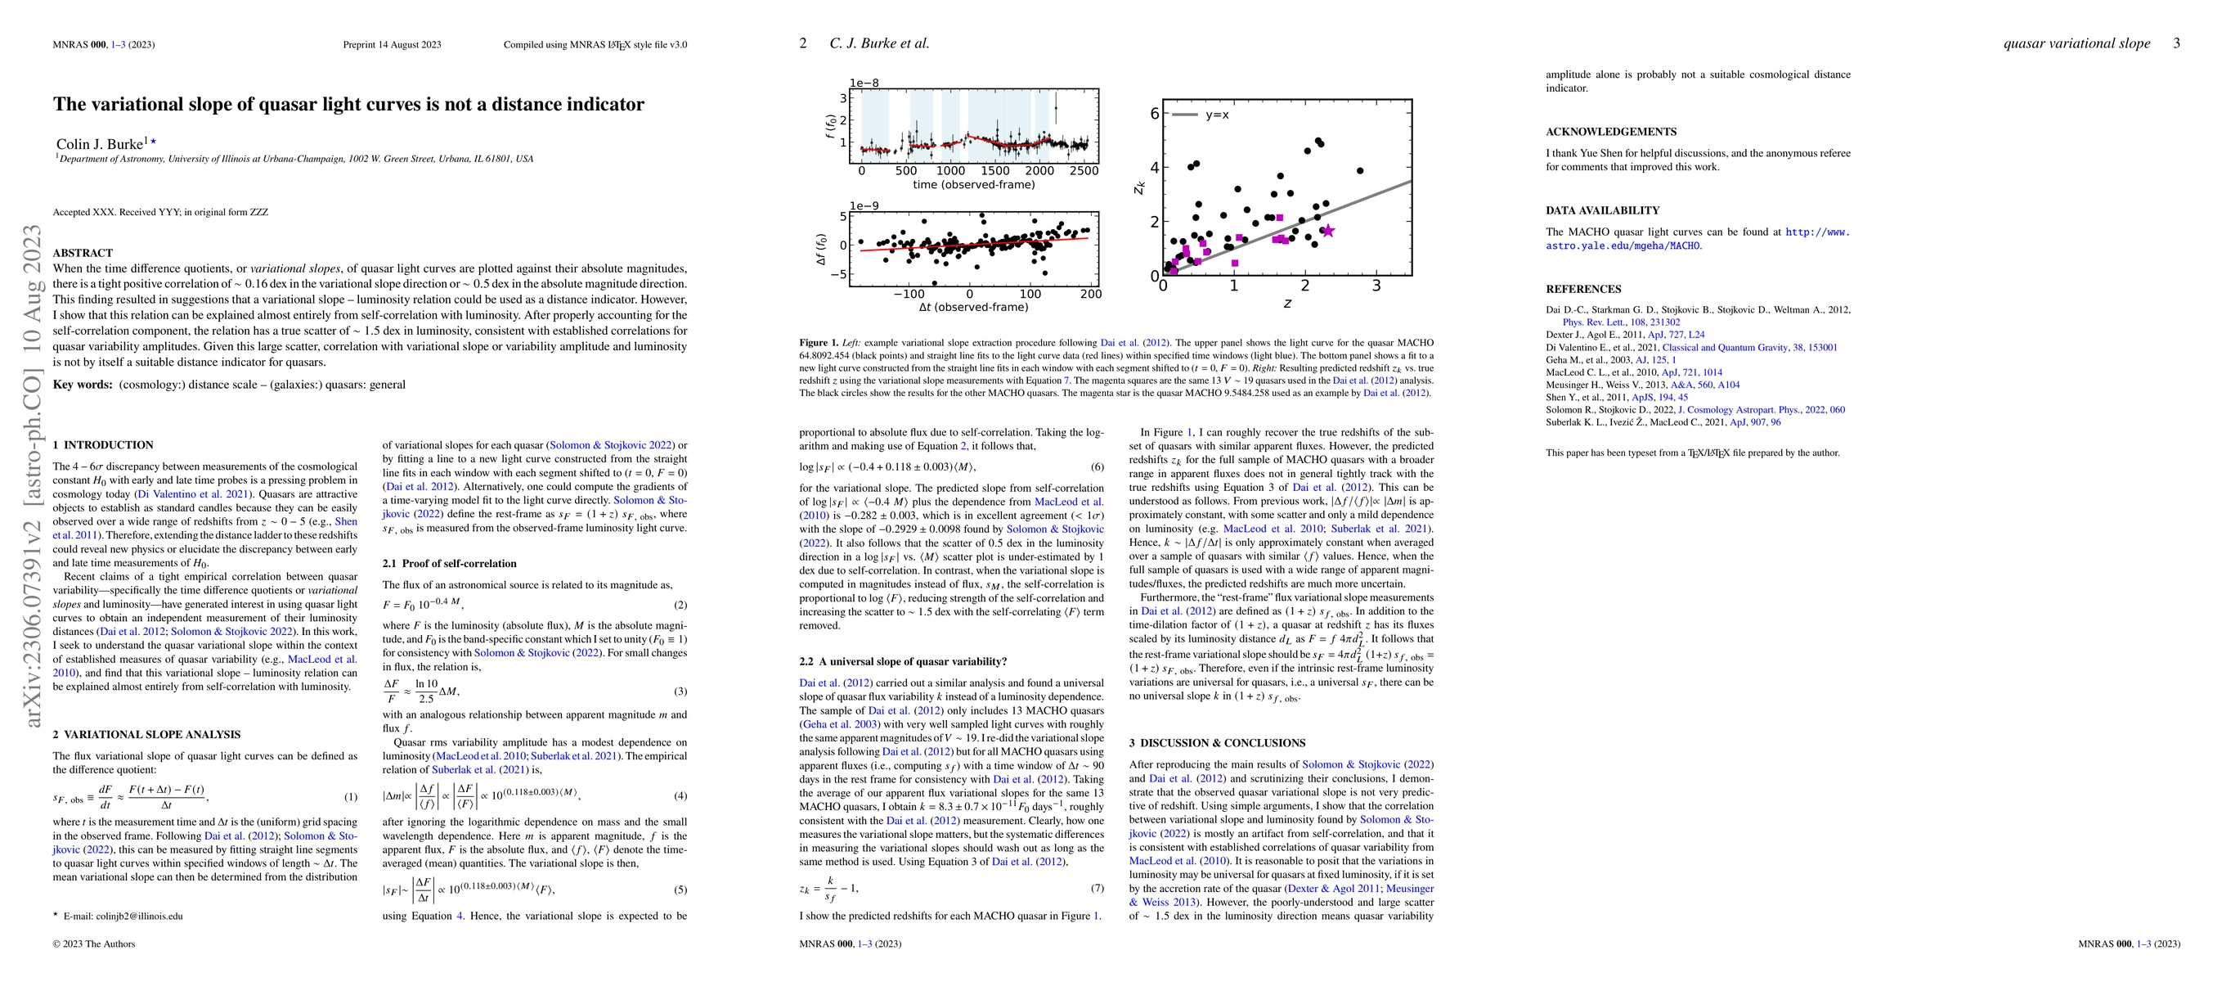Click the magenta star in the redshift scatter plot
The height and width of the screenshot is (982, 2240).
coord(1327,231)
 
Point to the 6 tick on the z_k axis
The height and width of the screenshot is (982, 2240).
coord(1154,113)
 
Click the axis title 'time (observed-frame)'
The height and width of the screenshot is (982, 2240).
coord(974,184)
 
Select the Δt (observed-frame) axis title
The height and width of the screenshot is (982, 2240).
coord(973,307)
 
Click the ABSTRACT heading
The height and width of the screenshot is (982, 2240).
coord(83,253)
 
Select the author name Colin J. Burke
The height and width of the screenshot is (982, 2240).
coord(99,144)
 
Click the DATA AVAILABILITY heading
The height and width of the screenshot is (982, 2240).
coord(1602,210)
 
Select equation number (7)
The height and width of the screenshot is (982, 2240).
coord(1097,888)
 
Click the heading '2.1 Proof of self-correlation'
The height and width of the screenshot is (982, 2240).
coord(449,564)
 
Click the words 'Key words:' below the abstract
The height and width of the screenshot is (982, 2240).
coord(83,385)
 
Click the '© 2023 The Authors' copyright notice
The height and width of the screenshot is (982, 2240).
coord(94,944)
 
